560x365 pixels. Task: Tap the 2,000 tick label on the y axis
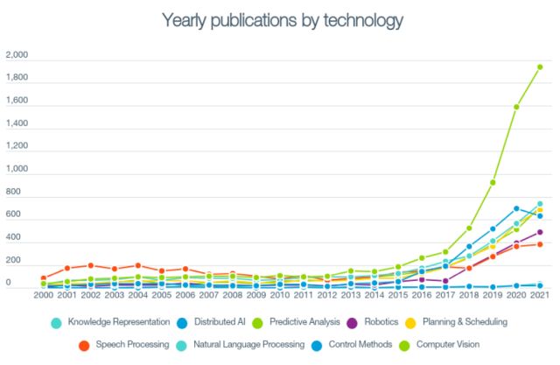point(17,55)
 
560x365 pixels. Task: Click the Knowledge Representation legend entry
point(113,322)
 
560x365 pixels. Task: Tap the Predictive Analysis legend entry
point(304,322)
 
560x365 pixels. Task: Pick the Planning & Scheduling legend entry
point(464,322)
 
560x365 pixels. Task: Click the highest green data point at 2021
point(540,67)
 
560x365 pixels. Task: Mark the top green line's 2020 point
point(516,107)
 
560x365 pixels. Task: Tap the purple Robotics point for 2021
point(540,233)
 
